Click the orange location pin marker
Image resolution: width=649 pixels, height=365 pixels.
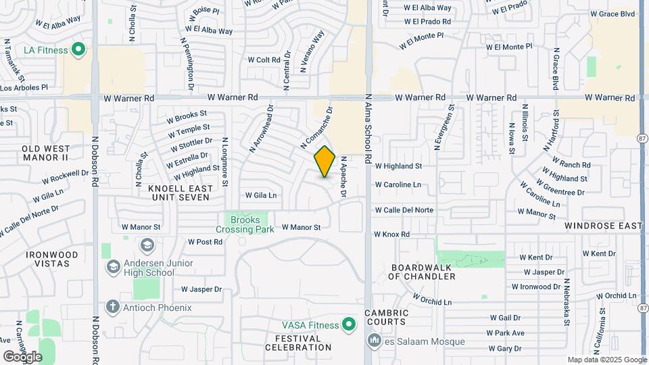[324, 161]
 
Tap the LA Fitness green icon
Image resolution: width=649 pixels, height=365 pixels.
[78, 49]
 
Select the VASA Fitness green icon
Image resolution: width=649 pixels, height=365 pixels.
[349, 325]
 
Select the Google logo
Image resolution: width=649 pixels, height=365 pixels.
[22, 356]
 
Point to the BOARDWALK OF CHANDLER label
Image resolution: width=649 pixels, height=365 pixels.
[423, 272]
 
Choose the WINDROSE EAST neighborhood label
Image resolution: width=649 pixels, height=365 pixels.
[603, 225]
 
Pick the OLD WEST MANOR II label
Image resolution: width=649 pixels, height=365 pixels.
[45, 152]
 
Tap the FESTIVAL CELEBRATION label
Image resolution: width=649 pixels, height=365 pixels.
[298, 342]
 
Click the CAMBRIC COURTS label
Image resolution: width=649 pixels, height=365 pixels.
[387, 317]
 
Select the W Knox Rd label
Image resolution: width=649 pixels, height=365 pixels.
[392, 235]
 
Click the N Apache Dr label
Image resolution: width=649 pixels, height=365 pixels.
[343, 177]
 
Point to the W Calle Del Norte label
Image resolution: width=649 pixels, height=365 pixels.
[404, 210]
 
